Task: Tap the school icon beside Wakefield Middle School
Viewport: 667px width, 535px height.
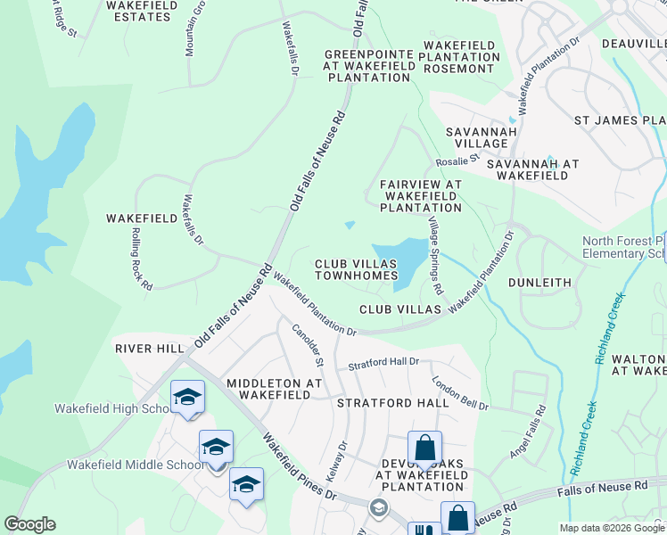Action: point(216,449)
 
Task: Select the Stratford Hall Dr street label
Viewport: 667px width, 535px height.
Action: point(383,364)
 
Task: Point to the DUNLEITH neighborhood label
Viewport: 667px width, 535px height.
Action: point(539,283)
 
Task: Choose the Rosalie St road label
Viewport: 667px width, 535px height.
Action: point(458,161)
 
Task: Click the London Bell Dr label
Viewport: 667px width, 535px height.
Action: point(460,392)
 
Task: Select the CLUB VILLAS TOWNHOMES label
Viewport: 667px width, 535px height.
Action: point(355,269)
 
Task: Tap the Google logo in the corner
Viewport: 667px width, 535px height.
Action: point(29,524)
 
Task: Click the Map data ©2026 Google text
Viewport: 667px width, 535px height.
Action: point(612,528)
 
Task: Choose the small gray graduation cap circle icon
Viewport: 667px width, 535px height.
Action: point(379,507)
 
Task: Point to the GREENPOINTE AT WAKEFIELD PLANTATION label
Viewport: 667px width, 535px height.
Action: point(368,66)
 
